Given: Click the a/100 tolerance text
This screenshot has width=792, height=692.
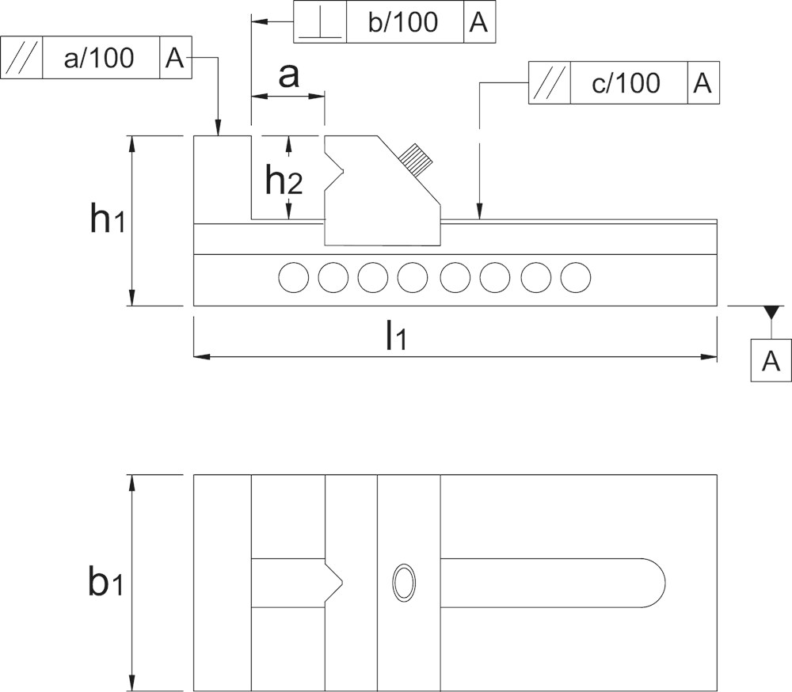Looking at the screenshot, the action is tap(99, 58).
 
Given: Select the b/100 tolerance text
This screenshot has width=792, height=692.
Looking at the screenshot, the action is tap(403, 22).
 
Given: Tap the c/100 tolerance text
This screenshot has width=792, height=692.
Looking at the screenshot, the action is tap(626, 83).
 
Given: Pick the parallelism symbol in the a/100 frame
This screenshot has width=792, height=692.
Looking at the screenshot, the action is tap(22, 58).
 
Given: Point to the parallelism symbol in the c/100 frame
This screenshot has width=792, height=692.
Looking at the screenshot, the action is tap(549, 83).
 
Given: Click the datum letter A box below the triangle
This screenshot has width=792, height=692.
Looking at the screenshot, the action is tap(771, 361).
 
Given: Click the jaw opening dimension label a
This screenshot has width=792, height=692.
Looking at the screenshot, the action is tap(289, 76).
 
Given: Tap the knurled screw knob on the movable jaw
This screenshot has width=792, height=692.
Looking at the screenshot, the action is tap(415, 160).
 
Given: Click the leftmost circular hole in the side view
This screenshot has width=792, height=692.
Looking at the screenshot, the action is tap(294, 277).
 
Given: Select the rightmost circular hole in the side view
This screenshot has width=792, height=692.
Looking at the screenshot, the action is tap(576, 277).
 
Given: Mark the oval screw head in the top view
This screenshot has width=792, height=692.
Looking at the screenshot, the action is tap(405, 583).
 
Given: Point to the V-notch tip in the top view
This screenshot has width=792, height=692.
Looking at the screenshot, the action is tap(343, 583).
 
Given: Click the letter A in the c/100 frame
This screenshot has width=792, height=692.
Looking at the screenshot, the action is tap(703, 83).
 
